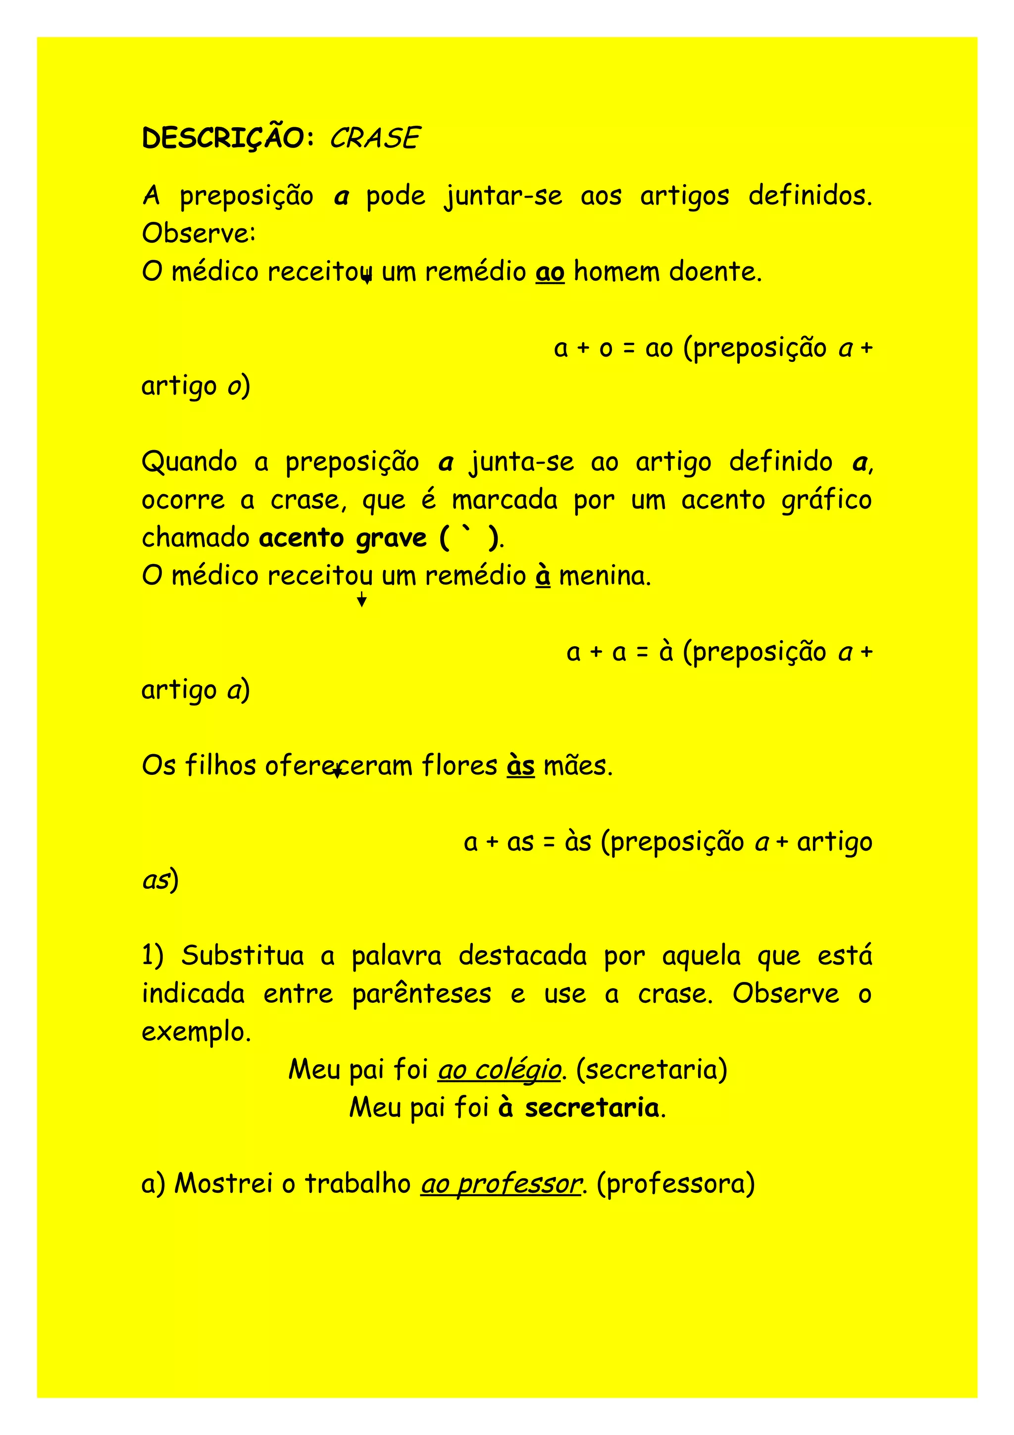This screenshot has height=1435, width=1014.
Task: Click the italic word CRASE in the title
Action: [x=374, y=138]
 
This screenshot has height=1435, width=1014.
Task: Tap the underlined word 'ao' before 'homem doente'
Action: [x=550, y=272]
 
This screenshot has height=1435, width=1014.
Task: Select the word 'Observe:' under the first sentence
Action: [x=199, y=234]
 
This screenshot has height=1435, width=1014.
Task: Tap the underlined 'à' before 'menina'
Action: [x=543, y=575]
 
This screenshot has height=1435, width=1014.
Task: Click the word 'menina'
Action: [x=604, y=575]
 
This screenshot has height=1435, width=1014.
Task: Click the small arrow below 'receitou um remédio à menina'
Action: [x=361, y=601]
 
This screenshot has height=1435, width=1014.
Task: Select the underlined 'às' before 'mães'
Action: [x=520, y=766]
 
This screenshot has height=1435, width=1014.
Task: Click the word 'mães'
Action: [x=578, y=766]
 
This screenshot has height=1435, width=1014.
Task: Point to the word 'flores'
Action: [x=459, y=766]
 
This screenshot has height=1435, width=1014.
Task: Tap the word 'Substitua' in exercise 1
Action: [x=243, y=956]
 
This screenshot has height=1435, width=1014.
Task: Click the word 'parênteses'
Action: [x=422, y=994]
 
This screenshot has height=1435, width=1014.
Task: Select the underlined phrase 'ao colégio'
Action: [x=499, y=1070]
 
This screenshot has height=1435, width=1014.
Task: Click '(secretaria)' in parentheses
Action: [x=652, y=1070]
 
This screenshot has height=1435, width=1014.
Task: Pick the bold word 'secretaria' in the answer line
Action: [x=592, y=1108]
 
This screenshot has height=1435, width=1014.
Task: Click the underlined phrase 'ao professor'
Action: [x=501, y=1183]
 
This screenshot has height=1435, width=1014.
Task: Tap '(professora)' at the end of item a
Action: [x=675, y=1183]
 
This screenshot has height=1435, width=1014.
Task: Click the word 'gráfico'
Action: [x=826, y=500]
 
